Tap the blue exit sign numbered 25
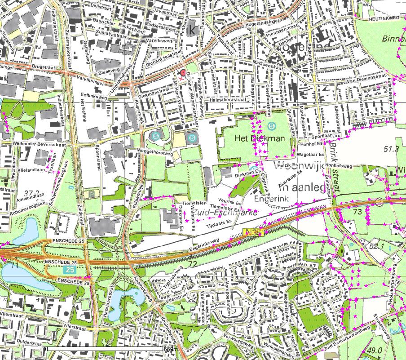tap(69, 270)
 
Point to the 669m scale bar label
tap(169, 349)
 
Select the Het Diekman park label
tap(260, 138)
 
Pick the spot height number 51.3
tap(392, 149)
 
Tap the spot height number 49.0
tap(375, 351)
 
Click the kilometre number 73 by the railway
tap(357, 211)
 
